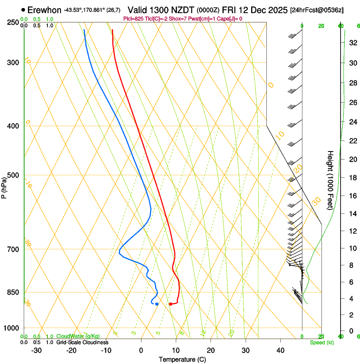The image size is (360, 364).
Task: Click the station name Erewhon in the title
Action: [44, 10]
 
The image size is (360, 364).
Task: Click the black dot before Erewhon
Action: [23, 9]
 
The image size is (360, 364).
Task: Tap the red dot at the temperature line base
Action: [170, 304]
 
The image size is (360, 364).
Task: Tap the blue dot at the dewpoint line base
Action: [157, 304]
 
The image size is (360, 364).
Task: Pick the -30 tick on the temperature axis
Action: [36, 350]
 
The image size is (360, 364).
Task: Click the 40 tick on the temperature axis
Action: [280, 350]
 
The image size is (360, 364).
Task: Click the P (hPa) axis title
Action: [4, 187]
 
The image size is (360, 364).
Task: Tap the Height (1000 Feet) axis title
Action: [331, 180]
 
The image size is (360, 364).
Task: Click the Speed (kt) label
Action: [321, 342]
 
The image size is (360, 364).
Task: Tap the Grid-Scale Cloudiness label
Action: [82, 342]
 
